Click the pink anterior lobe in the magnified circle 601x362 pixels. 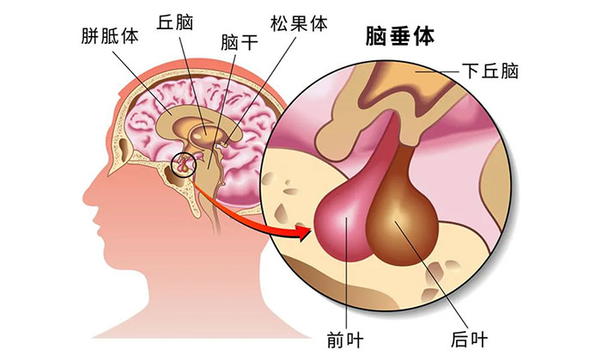tap(343, 215)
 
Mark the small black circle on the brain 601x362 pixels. tap(182, 163)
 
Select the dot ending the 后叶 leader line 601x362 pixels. tap(397, 221)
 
